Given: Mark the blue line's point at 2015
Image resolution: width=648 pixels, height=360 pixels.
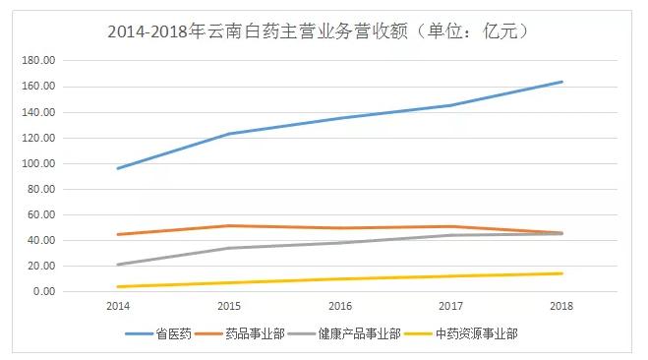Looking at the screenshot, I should tap(229, 134).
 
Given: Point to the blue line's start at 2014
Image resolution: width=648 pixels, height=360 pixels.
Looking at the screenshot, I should tap(118, 168).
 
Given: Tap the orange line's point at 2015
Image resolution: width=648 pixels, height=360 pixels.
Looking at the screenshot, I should tap(229, 225).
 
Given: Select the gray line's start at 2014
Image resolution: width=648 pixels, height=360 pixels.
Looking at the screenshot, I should tap(118, 265).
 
